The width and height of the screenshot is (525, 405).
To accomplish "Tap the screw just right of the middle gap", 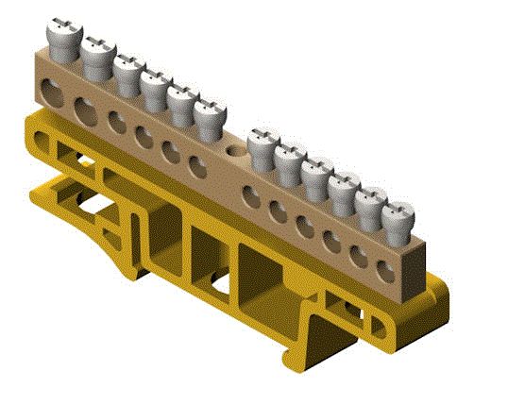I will pos(262,147).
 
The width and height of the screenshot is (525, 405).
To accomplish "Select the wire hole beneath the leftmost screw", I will pos(49,91).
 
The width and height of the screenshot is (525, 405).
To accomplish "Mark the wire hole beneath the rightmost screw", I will pos(384,271).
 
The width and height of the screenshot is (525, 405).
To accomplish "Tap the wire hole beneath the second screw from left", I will pos(84,106).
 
